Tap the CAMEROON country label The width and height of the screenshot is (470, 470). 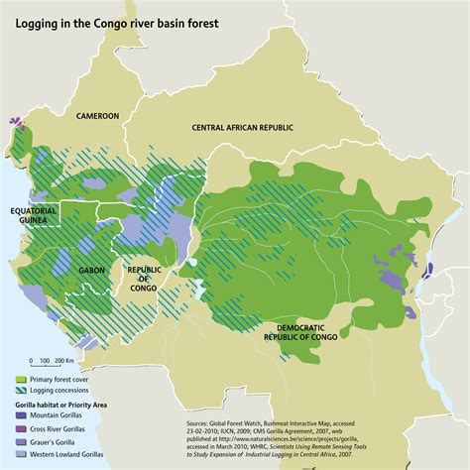(93, 116)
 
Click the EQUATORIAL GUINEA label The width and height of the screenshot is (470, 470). (34, 216)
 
